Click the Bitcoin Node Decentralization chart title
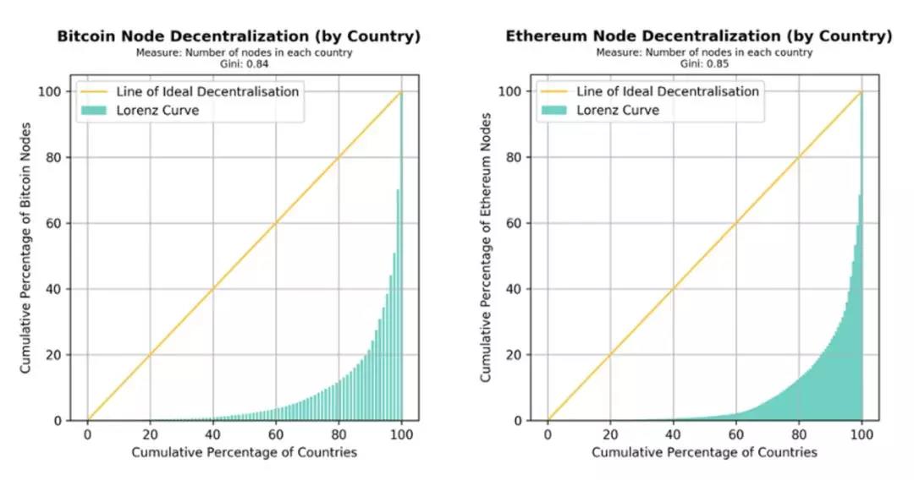tap(239, 36)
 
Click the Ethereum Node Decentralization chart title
tap(699, 36)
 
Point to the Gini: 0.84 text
tap(245, 63)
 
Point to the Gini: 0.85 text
tap(704, 63)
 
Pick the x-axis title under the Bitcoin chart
tap(245, 452)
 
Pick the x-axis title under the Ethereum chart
tap(704, 452)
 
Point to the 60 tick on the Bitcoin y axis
tap(63, 223)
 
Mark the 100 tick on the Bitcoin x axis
tap(402, 434)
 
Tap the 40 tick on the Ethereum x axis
tap(673, 434)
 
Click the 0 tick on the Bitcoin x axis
tap(87, 434)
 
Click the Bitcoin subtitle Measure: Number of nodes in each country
tap(245, 53)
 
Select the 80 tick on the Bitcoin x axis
tap(339, 434)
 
